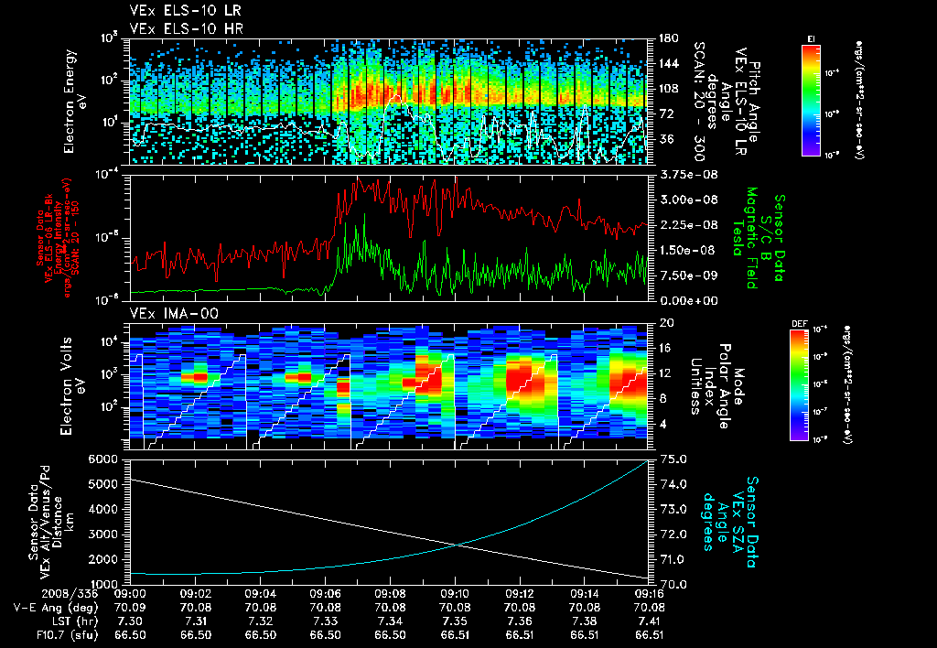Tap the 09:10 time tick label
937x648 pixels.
coord(455,593)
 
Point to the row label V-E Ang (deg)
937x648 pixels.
coord(50,606)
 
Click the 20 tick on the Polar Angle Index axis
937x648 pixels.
coord(662,323)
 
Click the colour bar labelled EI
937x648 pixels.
coord(811,101)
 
